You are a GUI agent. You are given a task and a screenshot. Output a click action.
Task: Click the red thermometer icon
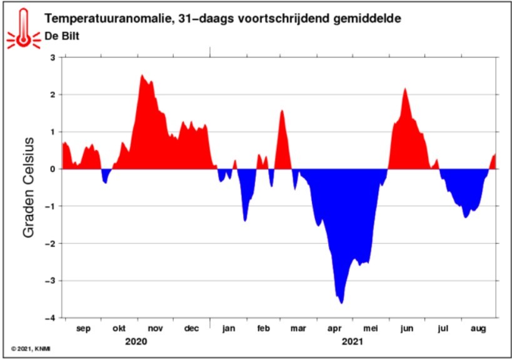click(x=24, y=29)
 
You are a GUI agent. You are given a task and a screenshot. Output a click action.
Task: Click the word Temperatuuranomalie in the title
click(x=107, y=18)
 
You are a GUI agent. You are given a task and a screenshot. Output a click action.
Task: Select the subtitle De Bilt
click(x=62, y=36)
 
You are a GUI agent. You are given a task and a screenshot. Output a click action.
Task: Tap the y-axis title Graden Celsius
click(x=29, y=187)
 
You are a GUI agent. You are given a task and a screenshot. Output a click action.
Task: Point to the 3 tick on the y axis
click(x=53, y=57)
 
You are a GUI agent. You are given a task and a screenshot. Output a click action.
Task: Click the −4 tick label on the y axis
click(x=51, y=318)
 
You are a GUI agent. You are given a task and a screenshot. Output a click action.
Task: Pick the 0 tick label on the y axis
click(x=53, y=169)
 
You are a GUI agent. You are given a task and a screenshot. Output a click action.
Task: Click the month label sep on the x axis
click(x=83, y=328)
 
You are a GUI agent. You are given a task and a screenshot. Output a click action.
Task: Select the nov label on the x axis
click(x=156, y=328)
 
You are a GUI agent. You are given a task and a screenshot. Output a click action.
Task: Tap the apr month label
click(x=334, y=329)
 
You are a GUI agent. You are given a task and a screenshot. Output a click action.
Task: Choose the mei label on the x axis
click(x=371, y=328)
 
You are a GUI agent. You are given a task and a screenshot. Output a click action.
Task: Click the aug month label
click(x=478, y=329)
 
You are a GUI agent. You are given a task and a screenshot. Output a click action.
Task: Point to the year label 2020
click(x=136, y=342)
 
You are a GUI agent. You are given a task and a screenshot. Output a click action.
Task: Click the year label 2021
click(x=353, y=342)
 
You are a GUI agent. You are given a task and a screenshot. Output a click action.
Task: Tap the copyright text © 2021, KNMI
click(x=31, y=349)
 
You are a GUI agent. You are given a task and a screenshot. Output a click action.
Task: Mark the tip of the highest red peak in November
click(x=142, y=75)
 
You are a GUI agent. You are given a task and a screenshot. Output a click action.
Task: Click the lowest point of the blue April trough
click(x=341, y=304)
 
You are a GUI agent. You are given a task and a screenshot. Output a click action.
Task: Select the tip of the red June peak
click(x=405, y=88)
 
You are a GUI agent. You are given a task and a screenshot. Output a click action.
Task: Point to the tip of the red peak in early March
click(x=282, y=111)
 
